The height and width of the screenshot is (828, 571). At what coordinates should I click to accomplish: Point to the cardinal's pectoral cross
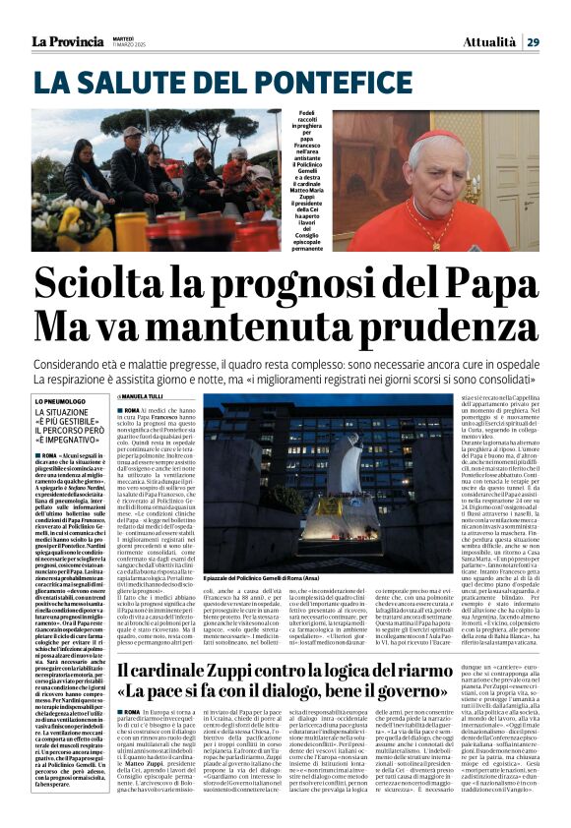[x=430, y=236]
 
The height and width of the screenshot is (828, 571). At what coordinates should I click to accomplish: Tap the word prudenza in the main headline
[x=458, y=325]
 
